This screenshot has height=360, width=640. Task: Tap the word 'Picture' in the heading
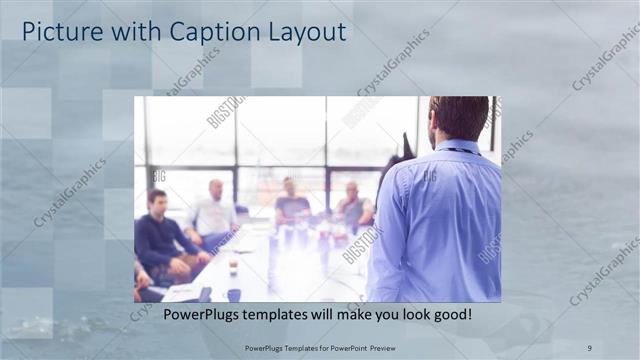62,32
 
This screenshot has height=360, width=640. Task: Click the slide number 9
590,347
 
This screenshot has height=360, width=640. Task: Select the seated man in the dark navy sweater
160,235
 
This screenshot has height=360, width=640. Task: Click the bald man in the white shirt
213,212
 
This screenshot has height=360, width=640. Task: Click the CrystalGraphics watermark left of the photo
69,193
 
